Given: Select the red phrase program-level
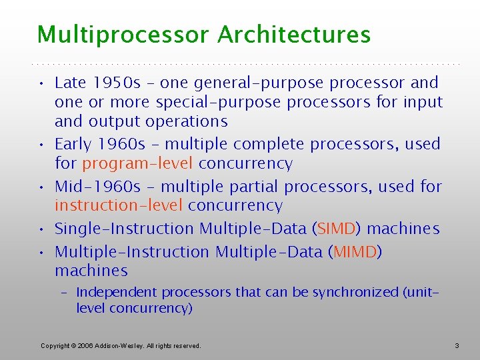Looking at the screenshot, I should (x=137, y=163).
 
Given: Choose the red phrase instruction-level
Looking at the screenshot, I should (x=119, y=205).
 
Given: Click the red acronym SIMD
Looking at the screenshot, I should (x=337, y=229).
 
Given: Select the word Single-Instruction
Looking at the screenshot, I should (x=124, y=229).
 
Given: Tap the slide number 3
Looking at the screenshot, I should (x=457, y=345).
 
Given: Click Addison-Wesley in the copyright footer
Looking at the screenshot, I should (x=118, y=346).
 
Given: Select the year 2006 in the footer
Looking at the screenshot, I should (x=85, y=346).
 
